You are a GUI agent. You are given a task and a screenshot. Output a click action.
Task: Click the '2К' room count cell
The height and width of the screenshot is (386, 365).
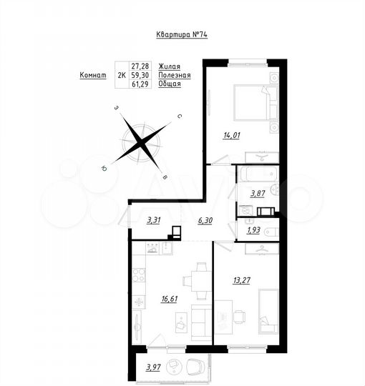click(x=119, y=74)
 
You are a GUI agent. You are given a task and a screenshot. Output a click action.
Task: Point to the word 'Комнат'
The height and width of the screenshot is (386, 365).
click(x=93, y=74)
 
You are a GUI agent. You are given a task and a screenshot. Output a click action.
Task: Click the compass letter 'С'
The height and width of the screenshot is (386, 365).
click(x=180, y=114)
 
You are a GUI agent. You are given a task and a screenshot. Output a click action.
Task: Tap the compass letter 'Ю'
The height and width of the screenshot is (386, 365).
click(x=104, y=168)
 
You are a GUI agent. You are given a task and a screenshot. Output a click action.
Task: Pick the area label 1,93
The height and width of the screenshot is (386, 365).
click(x=253, y=231)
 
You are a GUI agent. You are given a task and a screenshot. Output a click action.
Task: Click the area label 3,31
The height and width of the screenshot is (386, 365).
click(x=153, y=221)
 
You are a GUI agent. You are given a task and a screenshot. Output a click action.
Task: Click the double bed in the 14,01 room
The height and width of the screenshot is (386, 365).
click(x=250, y=104)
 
